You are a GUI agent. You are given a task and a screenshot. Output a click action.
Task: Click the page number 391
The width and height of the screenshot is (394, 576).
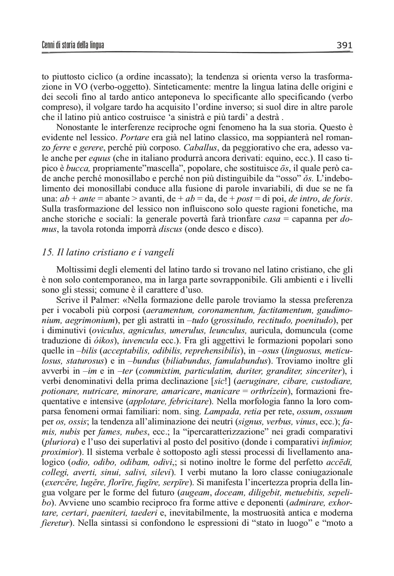(344, 45)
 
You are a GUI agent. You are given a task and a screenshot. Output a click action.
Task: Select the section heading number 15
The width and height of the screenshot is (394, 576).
(47, 253)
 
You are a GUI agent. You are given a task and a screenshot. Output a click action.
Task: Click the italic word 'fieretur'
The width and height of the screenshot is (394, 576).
(55, 523)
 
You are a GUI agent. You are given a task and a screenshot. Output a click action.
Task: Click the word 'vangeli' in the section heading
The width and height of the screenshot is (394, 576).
(158, 253)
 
